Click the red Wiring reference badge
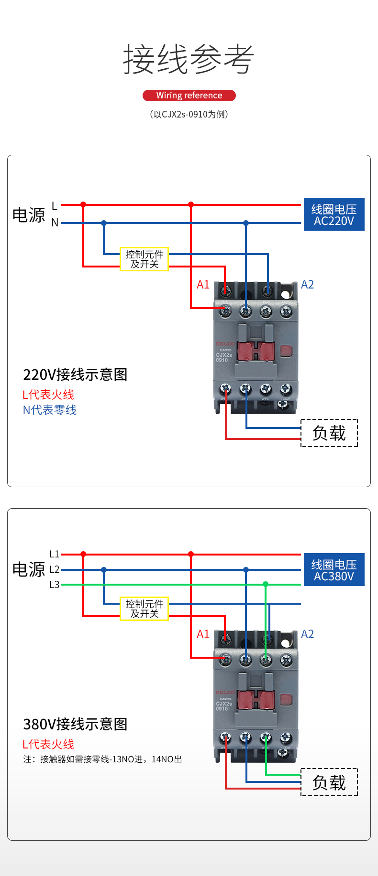pyautogui.click(x=189, y=96)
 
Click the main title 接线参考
pyautogui.click(x=189, y=59)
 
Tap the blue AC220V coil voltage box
pyautogui.click(x=334, y=214)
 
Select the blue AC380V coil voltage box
pyautogui.click(x=334, y=570)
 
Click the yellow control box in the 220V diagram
pyautogui.click(x=144, y=259)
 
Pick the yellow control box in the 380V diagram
pyautogui.click(x=144, y=609)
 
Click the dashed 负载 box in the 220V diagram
pyautogui.click(x=329, y=433)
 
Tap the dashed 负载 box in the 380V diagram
pyautogui.click(x=329, y=782)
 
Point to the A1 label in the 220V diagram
pyautogui.click(x=203, y=285)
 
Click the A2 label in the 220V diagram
pyautogui.click(x=307, y=285)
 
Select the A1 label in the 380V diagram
pyautogui.click(x=203, y=634)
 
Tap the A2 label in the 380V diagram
pyautogui.click(x=307, y=634)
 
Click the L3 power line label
pyautogui.click(x=55, y=585)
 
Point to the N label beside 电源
pyautogui.click(x=55, y=223)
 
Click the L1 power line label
pyautogui.click(x=55, y=554)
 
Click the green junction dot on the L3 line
pyautogui.click(x=266, y=584)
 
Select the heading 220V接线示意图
pyautogui.click(x=75, y=374)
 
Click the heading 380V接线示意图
pyautogui.click(x=75, y=724)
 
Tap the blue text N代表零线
pyautogui.click(x=50, y=410)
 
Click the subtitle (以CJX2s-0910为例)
pyautogui.click(x=189, y=114)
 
